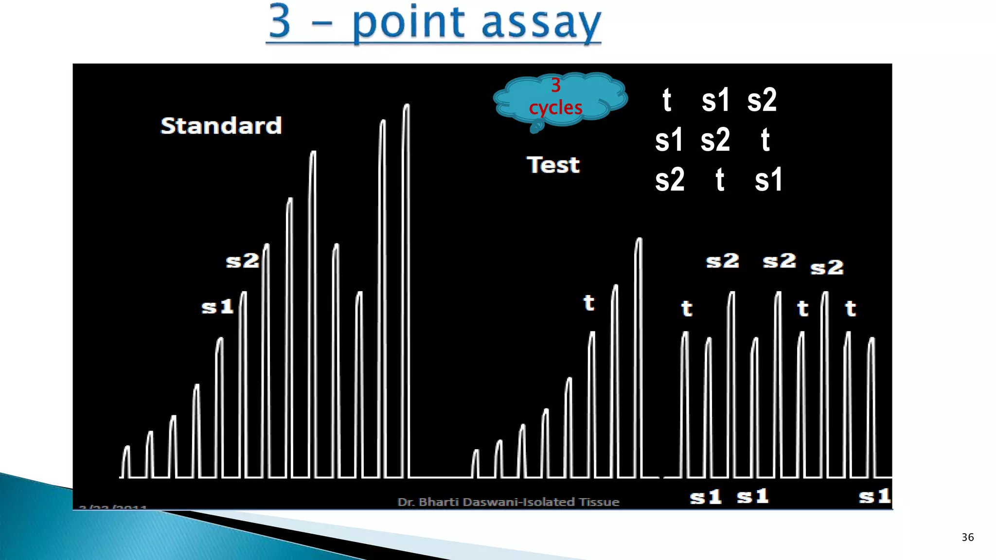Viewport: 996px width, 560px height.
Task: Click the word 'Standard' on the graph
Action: pos(221,125)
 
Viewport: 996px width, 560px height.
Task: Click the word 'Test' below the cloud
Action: pos(553,165)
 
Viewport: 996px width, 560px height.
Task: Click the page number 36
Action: pos(967,537)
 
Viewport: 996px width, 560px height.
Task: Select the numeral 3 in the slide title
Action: pos(280,21)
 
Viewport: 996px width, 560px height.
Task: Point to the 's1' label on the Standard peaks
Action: pos(217,307)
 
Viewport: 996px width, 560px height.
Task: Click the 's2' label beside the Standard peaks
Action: pos(242,261)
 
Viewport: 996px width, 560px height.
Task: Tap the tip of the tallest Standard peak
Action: pos(407,105)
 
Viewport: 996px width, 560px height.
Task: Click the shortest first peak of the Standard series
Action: pos(126,448)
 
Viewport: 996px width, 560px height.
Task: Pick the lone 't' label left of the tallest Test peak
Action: pos(589,303)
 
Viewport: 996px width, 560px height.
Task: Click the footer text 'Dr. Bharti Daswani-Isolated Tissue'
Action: pos(508,502)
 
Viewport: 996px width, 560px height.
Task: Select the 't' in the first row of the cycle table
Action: pos(667,101)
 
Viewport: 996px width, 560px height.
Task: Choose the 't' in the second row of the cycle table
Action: pos(765,140)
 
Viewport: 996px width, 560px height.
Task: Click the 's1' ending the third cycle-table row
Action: pos(768,180)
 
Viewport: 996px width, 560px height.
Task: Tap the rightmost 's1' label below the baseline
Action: pos(874,496)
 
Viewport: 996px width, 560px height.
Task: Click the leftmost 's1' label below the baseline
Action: pos(706,497)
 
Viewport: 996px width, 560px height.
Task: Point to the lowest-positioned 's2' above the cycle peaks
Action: pos(827,267)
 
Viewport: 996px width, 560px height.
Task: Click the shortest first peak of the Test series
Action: pos(476,452)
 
